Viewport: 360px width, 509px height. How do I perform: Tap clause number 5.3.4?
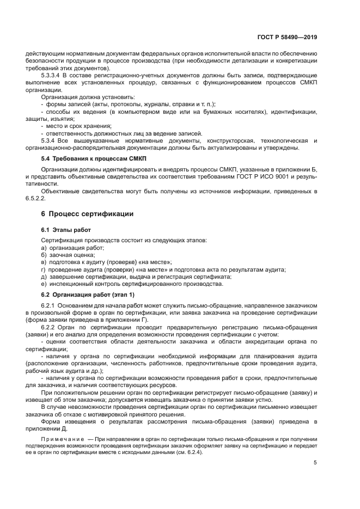click(49, 140)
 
